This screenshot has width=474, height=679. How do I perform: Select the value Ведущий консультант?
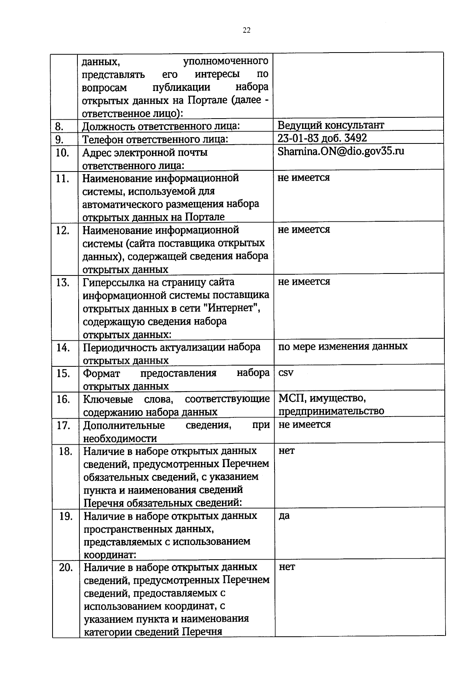[330, 125]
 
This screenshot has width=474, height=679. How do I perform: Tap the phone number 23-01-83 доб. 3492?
[322, 138]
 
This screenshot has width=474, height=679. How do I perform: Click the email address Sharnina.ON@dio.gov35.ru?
[341, 151]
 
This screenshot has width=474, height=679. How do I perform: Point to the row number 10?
[62, 153]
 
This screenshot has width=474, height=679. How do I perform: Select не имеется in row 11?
[303, 177]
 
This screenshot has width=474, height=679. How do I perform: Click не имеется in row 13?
[304, 281]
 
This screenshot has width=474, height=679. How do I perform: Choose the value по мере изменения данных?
[342, 346]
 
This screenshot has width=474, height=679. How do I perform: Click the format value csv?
[286, 373]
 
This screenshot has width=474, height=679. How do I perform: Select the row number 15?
[63, 373]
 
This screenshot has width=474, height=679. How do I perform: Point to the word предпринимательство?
[331, 411]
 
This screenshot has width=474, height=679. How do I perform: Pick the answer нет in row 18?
[286, 451]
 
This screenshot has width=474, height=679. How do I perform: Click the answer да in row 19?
[284, 516]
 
